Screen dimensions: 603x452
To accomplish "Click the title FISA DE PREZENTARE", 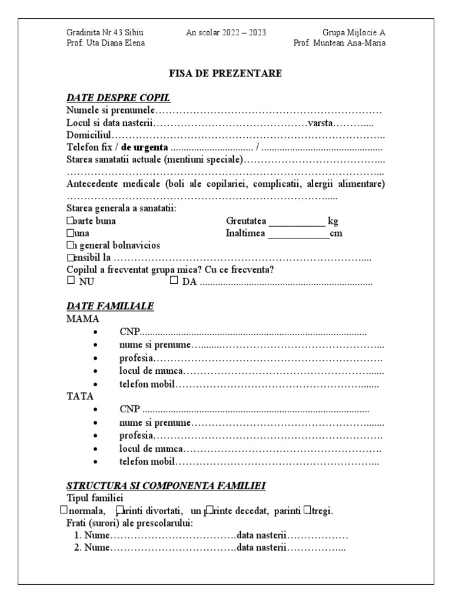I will coord(225,74).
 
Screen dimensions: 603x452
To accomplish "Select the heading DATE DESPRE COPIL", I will coord(118,98).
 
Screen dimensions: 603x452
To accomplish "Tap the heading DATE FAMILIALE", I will coord(110,306).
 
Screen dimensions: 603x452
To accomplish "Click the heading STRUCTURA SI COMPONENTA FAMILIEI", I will coord(166,486).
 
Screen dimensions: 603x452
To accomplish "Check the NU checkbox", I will coord(71,281).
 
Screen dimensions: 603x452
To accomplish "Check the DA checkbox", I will coord(174,281).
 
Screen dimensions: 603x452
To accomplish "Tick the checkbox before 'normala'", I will coord(64,509).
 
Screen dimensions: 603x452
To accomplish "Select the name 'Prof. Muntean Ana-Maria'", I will coord(340,43).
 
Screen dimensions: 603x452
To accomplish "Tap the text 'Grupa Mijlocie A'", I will coord(354,32).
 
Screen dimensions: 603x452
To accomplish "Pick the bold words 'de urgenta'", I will coord(145,147).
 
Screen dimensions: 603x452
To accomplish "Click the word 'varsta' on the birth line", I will coord(321,122).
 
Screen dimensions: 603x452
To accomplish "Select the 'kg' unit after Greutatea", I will coord(333,221).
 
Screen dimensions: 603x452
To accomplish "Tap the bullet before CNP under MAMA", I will coord(95,333).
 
